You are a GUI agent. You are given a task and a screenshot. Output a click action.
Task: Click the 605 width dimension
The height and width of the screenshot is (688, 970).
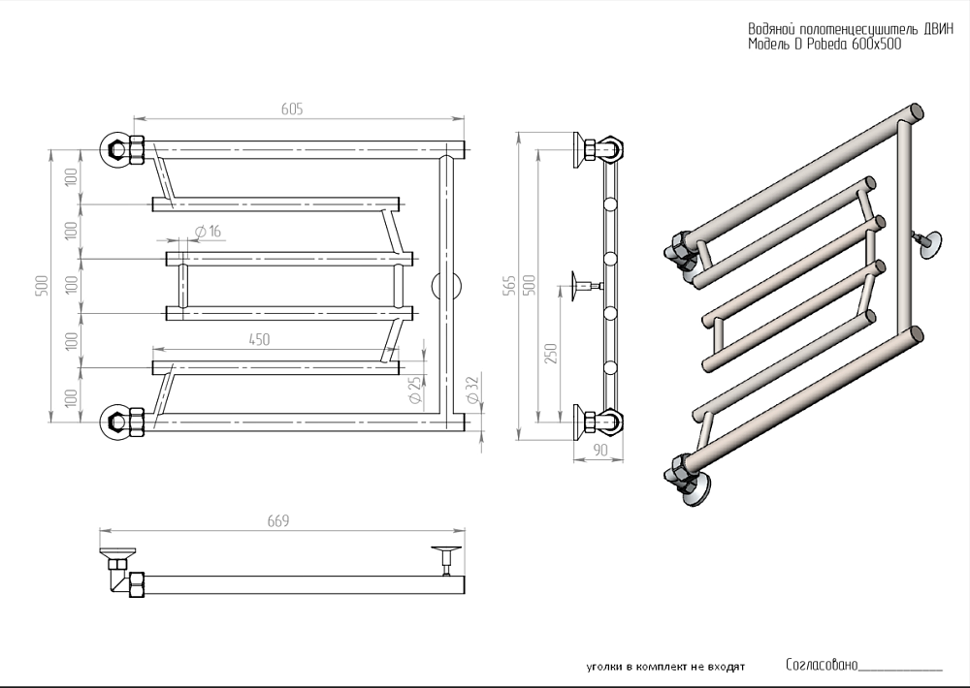pyautogui.click(x=293, y=109)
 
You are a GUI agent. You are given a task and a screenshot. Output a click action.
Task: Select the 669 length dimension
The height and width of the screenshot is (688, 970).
pyautogui.click(x=278, y=521)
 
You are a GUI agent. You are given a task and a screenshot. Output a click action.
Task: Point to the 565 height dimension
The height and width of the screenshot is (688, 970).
pyautogui.click(x=509, y=287)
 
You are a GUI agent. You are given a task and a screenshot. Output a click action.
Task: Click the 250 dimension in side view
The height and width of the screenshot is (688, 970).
pyautogui.click(x=552, y=355)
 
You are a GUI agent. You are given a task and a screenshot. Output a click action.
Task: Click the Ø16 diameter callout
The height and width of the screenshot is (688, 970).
pyautogui.click(x=208, y=232)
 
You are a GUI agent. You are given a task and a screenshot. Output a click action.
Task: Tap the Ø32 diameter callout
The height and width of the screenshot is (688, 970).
pyautogui.click(x=471, y=391)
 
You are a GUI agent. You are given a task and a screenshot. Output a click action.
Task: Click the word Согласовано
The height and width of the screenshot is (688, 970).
pyautogui.click(x=822, y=665)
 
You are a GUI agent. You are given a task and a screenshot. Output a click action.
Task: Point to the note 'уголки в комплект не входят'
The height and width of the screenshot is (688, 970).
pyautogui.click(x=665, y=668)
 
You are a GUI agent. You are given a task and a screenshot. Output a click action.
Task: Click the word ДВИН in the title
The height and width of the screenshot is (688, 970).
pyautogui.click(x=921, y=29)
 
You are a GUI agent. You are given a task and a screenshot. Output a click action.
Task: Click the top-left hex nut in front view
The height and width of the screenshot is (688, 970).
pyautogui.click(x=115, y=149)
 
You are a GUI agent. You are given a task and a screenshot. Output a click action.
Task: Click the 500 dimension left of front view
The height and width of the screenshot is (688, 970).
pyautogui.click(x=41, y=286)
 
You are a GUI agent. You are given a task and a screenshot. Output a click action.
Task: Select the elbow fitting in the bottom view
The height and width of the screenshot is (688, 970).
pyautogui.click(x=120, y=579)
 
